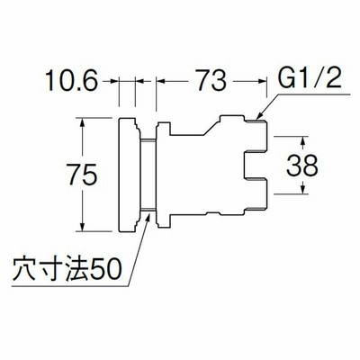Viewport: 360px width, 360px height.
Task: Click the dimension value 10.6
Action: tap(71, 80)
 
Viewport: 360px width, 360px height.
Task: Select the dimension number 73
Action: tap(211, 80)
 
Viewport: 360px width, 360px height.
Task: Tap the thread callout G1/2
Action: tap(310, 78)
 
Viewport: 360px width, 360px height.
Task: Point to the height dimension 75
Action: tap(83, 174)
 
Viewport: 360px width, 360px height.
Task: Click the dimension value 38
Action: tap(302, 166)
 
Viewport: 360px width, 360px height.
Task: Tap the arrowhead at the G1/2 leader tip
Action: tap(259, 117)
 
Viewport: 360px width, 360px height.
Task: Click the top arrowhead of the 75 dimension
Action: tap(83, 122)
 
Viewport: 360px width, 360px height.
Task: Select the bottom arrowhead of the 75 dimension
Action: tap(83, 226)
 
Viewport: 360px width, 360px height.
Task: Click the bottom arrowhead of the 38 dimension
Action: tap(303, 189)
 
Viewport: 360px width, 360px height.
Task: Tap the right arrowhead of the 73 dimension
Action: tap(261, 80)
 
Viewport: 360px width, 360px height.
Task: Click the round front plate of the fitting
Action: tap(129, 175)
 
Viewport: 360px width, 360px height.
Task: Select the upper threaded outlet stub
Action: tap(255, 135)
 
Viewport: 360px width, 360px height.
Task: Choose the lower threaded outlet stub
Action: tap(255, 195)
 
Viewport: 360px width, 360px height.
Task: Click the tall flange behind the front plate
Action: tap(163, 175)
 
